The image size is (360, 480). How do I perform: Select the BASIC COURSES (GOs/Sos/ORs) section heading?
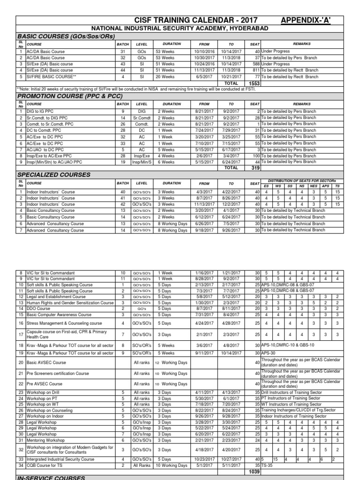click(x=66, y=36)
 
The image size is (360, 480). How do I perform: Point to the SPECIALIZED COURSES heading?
click(x=53, y=174)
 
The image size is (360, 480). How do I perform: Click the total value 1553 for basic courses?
click(x=254, y=83)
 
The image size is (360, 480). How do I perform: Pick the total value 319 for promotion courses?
click(x=255, y=167)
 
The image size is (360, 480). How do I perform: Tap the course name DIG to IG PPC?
click(x=40, y=111)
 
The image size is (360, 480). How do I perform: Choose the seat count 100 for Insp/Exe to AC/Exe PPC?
click(x=256, y=156)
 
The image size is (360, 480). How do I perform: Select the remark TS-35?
click(x=267, y=465)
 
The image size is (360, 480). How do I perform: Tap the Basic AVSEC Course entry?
click(x=46, y=362)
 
